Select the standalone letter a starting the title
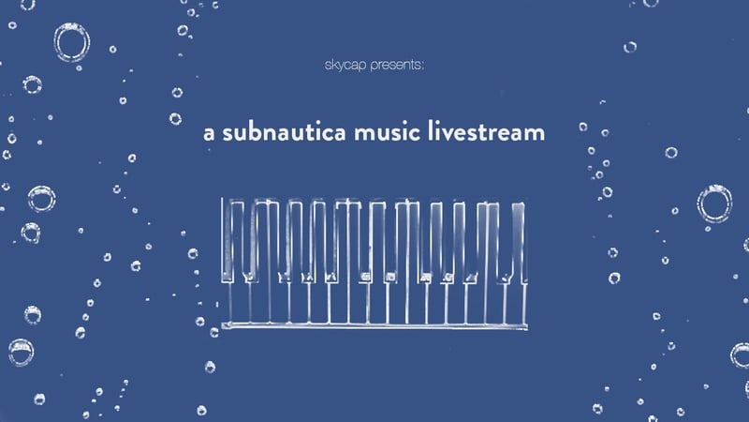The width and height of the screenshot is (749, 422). pyautogui.click(x=209, y=133)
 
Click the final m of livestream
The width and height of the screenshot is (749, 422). pyautogui.click(x=535, y=134)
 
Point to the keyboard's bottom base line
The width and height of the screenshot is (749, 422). pyautogui.click(x=370, y=325)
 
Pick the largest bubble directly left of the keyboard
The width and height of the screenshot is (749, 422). pyautogui.click(x=41, y=199)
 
